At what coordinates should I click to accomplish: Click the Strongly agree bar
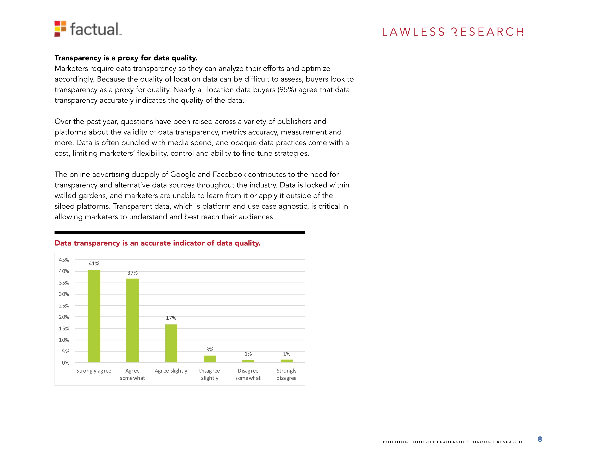coord(94,316)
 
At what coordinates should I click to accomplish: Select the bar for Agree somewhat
coord(133,320)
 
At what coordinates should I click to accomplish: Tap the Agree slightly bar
coord(171,343)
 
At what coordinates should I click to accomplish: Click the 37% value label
coord(133,273)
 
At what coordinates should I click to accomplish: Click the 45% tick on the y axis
coord(64,260)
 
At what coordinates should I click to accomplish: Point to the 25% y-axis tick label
coord(64,306)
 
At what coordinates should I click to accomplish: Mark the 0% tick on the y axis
coord(66,363)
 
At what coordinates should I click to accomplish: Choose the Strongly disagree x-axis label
coord(287,374)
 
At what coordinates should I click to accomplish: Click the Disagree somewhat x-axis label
coord(248,374)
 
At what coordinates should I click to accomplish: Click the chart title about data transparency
coord(157,243)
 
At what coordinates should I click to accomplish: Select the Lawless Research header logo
coord(453,32)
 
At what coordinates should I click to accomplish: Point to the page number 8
coord(540,439)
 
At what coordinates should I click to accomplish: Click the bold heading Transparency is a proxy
coord(126,58)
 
